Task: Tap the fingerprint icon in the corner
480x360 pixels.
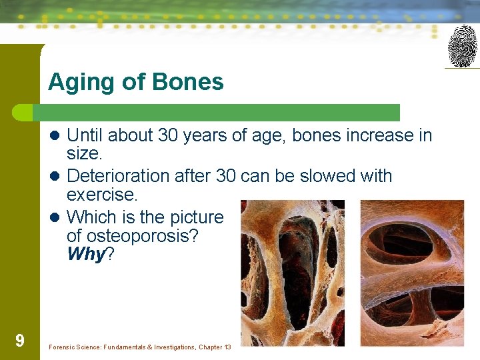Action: (x=462, y=45)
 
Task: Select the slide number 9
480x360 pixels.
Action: (x=20, y=341)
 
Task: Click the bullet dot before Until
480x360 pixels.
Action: (x=57, y=136)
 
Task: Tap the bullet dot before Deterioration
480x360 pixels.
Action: (x=57, y=177)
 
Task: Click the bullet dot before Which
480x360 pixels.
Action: (x=57, y=217)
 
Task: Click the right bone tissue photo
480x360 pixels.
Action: (x=411, y=273)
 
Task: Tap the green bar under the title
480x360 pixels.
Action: (x=220, y=112)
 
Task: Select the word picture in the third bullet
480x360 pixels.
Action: (x=196, y=217)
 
